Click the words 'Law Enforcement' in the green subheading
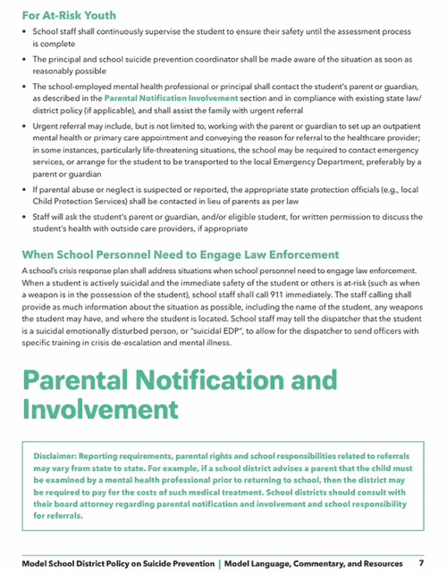pyautogui.click(x=289, y=253)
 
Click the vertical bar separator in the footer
pyautogui.click(x=219, y=563)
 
